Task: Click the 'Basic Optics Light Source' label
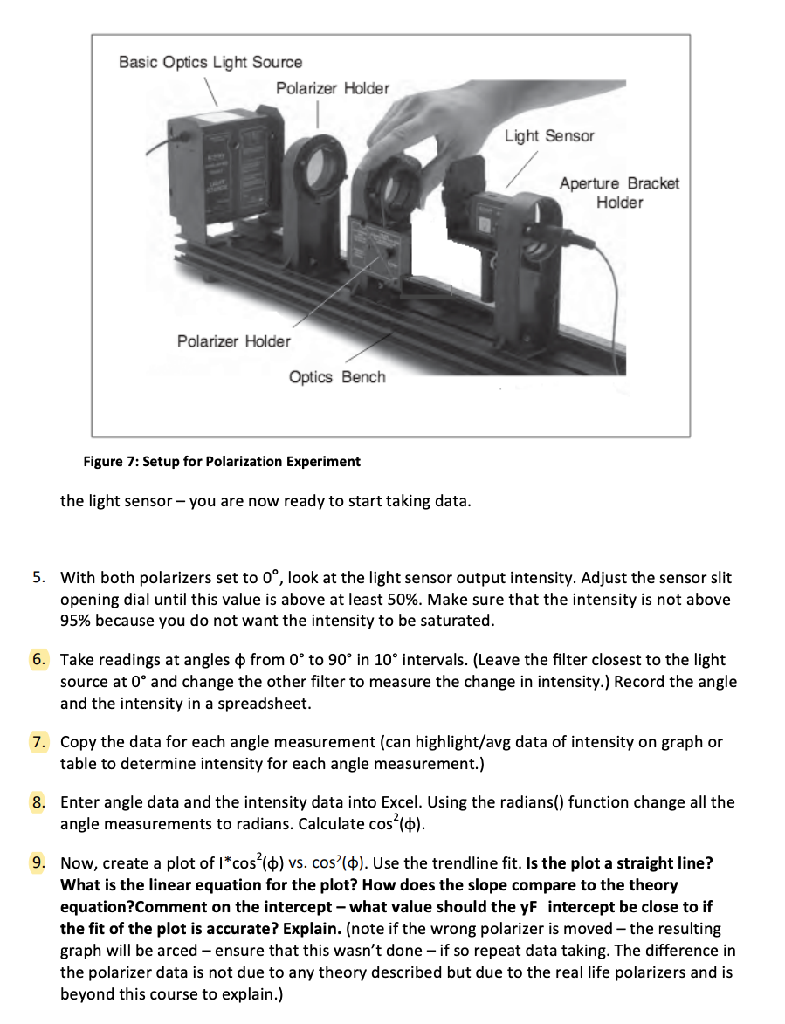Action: (x=210, y=62)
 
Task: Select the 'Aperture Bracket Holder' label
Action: (x=619, y=193)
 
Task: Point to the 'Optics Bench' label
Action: (x=337, y=376)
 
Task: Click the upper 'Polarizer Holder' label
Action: (x=333, y=88)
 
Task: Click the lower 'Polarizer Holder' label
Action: (x=234, y=340)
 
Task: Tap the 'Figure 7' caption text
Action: (x=222, y=461)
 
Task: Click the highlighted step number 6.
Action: (x=40, y=660)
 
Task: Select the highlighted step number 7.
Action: (x=40, y=742)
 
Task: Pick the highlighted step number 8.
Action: (x=40, y=801)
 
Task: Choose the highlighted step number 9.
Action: (x=40, y=863)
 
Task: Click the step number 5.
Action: (x=40, y=578)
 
